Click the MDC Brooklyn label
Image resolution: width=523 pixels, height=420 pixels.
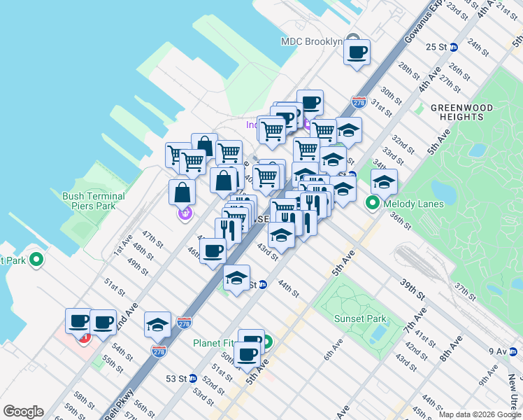coord(311,41)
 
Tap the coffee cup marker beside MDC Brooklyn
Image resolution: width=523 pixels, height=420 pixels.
coord(357,52)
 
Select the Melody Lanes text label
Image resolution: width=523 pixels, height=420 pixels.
coord(406,204)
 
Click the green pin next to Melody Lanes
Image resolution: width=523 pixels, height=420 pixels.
coord(373,204)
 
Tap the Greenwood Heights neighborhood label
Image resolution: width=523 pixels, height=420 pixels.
coord(461,113)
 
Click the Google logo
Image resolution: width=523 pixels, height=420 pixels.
coord(23,412)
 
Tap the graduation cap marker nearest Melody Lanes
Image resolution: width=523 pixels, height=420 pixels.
coord(384,182)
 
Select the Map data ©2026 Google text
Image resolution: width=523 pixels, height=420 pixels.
coord(479,414)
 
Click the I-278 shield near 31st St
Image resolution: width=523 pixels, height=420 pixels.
coord(359,103)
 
